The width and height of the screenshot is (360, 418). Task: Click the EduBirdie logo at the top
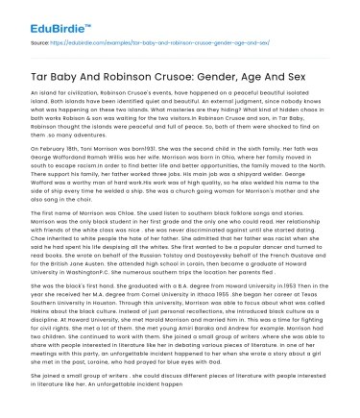tap(42, 15)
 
